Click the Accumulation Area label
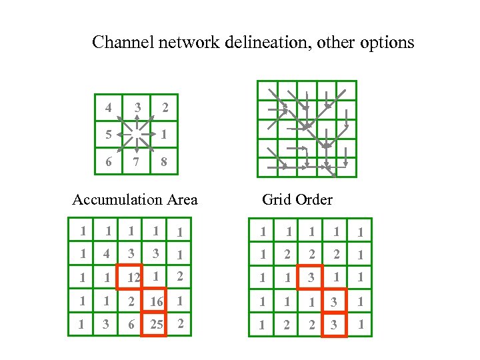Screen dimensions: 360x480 click(135, 199)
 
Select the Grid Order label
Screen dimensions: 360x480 click(297, 199)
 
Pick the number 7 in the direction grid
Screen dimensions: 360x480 click(137, 161)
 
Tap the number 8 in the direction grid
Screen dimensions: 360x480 click(164, 161)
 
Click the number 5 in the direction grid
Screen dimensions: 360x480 click(109, 134)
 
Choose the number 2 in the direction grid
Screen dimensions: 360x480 click(164, 107)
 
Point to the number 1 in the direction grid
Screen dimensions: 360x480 click(164, 134)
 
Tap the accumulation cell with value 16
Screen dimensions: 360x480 click(155, 301)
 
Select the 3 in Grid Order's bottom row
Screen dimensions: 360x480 click(335, 325)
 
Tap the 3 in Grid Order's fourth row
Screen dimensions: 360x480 click(335, 301)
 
